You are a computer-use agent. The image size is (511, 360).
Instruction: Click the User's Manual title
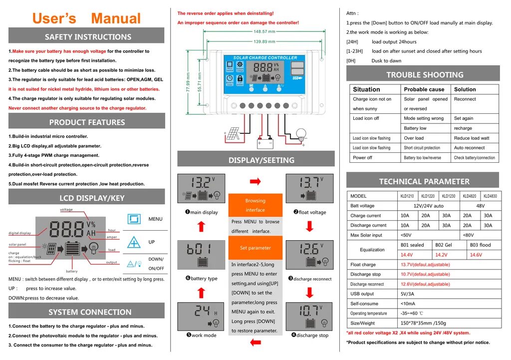pyautogui.click(x=86, y=18)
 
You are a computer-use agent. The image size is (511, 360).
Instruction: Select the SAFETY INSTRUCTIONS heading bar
pyautogui.click(x=87, y=36)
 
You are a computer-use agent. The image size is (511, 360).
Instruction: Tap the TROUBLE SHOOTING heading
pyautogui.click(x=425, y=75)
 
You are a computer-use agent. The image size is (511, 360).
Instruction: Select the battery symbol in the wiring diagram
pyautogui.click(x=264, y=143)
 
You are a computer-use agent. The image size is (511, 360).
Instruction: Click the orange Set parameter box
pyautogui.click(x=255, y=248)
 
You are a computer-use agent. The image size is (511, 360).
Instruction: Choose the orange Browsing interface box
pyautogui.click(x=255, y=205)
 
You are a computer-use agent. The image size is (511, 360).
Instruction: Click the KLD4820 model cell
pyautogui.click(x=470, y=196)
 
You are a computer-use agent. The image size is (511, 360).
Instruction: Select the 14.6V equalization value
pyautogui.click(x=476, y=255)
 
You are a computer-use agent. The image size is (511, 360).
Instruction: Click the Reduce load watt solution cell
pyautogui.click(x=475, y=138)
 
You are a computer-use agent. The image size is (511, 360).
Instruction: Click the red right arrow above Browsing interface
pyautogui.click(x=255, y=181)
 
